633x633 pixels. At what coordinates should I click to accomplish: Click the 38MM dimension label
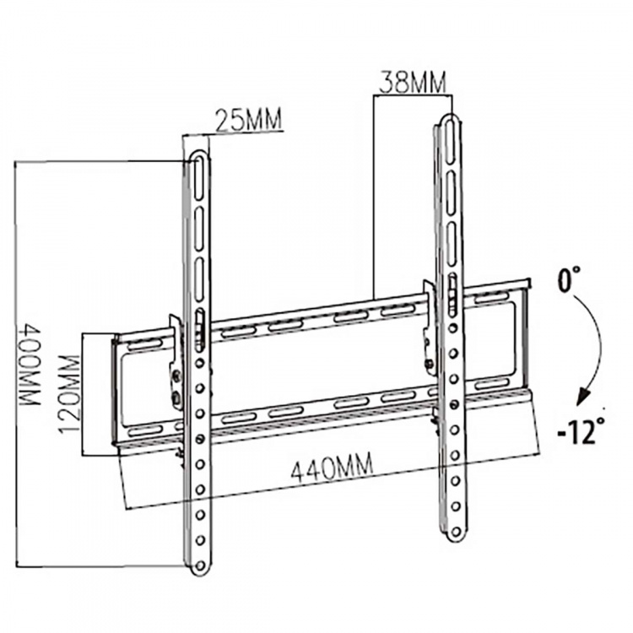pyautogui.click(x=410, y=83)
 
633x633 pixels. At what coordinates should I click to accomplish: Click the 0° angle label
pyautogui.click(x=571, y=278)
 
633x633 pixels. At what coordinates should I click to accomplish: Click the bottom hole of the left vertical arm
pyautogui.click(x=201, y=558)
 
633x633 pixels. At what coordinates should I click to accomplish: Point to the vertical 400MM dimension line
pyautogui.click(x=15, y=363)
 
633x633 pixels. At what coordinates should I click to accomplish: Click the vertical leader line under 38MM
pyautogui.click(x=373, y=194)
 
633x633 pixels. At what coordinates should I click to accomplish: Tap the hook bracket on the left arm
pyautogui.click(x=176, y=363)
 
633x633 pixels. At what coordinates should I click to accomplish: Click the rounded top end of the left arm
pyautogui.click(x=197, y=156)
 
